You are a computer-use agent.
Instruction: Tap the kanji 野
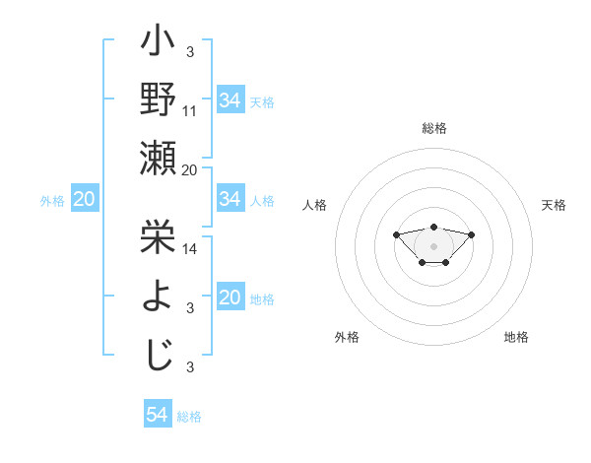click(159, 100)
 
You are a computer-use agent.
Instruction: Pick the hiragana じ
click(159, 352)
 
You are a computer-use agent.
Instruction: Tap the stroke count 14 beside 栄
click(190, 250)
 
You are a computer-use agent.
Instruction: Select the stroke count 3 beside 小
click(189, 51)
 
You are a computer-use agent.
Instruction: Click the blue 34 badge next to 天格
click(230, 100)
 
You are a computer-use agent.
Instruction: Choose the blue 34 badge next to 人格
click(230, 200)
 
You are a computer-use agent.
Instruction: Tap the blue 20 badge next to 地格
click(230, 298)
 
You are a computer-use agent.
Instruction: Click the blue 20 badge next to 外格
click(84, 200)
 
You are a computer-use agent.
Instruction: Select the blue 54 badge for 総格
click(158, 415)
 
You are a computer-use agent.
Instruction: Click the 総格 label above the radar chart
click(434, 128)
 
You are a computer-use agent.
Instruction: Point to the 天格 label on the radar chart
click(555, 205)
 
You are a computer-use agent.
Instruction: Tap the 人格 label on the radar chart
click(315, 205)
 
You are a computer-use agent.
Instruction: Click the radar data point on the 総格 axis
click(434, 227)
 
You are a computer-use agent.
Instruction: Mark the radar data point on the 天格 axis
click(472, 234)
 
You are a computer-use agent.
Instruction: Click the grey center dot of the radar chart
click(434, 246)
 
